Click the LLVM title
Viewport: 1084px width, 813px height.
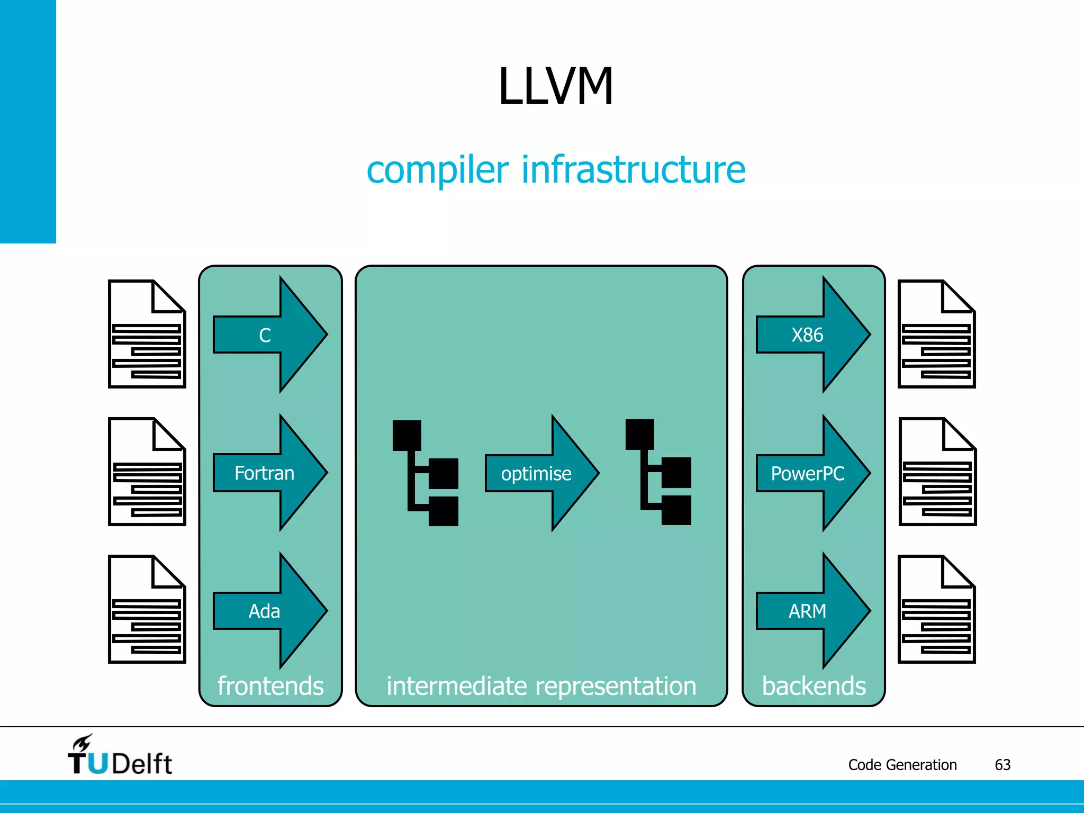point(556,86)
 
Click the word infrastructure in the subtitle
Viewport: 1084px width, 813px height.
point(634,170)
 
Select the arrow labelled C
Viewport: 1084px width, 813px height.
point(270,335)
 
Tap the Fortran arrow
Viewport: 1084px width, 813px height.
point(270,473)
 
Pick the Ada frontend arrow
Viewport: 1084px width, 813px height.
point(270,611)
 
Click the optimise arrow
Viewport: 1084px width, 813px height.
point(541,473)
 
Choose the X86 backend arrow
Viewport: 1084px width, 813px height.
point(812,335)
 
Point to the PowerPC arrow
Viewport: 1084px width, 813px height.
point(812,473)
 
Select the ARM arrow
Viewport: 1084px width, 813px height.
point(812,611)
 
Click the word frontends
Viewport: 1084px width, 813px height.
point(270,686)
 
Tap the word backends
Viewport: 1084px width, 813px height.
point(814,686)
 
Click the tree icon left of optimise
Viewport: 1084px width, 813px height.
point(425,473)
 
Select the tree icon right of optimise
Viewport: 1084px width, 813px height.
point(658,472)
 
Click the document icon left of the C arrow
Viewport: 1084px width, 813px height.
point(147,335)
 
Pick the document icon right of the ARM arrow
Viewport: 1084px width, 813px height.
point(936,609)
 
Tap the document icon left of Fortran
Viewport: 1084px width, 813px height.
point(147,472)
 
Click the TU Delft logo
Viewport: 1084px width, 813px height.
point(120,756)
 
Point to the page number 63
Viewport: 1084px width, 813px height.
point(1002,765)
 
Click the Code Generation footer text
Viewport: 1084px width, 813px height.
point(902,765)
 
